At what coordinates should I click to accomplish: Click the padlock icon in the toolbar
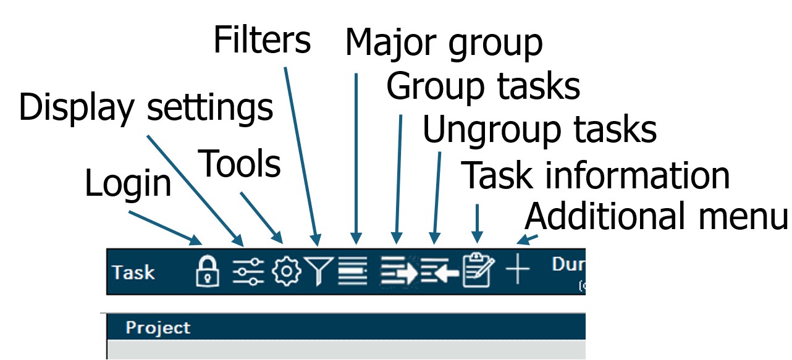[x=208, y=271]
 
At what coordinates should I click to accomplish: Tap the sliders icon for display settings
[x=248, y=271]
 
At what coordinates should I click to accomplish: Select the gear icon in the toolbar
[x=287, y=271]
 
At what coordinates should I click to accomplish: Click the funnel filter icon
[x=318, y=271]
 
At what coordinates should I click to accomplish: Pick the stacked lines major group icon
[x=353, y=271]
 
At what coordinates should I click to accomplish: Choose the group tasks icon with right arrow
[x=399, y=271]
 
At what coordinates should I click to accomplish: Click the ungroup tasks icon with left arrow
[x=439, y=271]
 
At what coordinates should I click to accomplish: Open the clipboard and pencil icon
[x=479, y=270]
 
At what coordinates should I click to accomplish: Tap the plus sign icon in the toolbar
[x=518, y=269]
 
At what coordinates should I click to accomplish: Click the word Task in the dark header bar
[x=133, y=272]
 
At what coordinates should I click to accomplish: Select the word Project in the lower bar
[x=158, y=328]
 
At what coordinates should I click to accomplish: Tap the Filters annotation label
[x=262, y=40]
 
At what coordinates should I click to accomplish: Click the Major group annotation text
[x=444, y=44]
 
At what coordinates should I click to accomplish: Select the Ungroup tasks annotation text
[x=539, y=130]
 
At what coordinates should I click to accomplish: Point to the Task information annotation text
[x=596, y=175]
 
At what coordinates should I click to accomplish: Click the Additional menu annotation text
[x=657, y=216]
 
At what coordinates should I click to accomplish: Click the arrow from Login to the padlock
[x=166, y=228]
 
